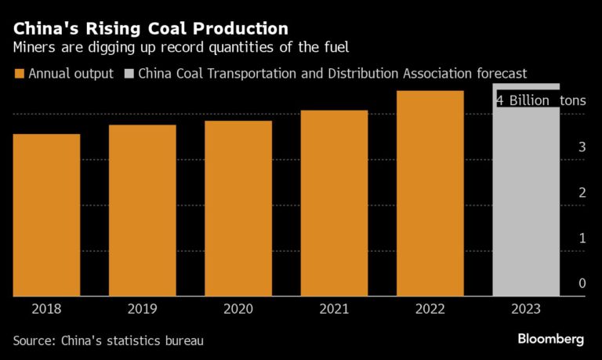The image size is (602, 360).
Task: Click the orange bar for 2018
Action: point(46,215)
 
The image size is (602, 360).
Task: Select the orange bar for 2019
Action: point(142,210)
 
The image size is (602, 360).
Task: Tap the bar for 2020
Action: point(238,208)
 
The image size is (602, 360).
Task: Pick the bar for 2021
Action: point(334,203)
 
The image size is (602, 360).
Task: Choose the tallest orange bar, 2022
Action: point(430,193)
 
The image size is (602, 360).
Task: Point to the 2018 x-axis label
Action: point(46,308)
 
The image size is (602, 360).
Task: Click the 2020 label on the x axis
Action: point(238,308)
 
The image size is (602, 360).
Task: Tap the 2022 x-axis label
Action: point(430,308)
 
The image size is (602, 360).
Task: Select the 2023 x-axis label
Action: point(526,308)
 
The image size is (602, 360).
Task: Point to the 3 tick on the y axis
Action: point(582,147)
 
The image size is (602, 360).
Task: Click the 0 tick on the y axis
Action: point(582,283)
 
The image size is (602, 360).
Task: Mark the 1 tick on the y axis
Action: point(582,238)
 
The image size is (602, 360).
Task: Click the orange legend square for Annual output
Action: point(18,74)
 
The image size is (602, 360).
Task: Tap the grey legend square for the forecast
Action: point(129,74)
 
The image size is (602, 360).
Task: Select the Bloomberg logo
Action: point(550,339)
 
